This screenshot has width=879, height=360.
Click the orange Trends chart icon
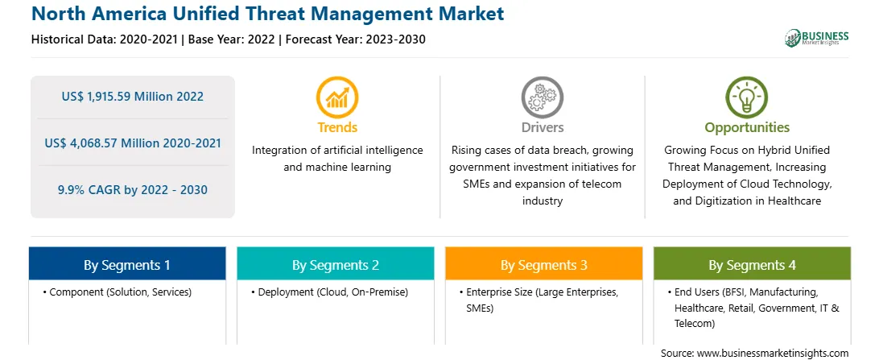(337, 97)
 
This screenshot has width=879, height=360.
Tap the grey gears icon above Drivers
(542, 97)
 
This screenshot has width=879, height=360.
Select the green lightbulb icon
(747, 97)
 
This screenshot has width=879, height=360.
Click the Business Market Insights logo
(817, 38)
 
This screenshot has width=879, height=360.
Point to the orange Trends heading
(337, 127)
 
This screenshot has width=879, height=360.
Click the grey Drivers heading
(543, 127)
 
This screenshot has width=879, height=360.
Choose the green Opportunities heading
(747, 128)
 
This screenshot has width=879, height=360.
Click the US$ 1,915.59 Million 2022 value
(133, 97)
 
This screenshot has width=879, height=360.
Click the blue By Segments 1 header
(127, 265)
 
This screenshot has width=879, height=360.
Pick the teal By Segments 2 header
(335, 265)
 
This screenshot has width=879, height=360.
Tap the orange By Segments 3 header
(544, 265)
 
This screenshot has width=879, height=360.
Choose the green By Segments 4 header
(753, 265)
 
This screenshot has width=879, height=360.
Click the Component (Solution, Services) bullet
(117, 292)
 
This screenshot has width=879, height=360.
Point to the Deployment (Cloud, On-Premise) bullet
(330, 292)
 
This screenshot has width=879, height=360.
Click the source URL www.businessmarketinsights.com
(773, 354)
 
